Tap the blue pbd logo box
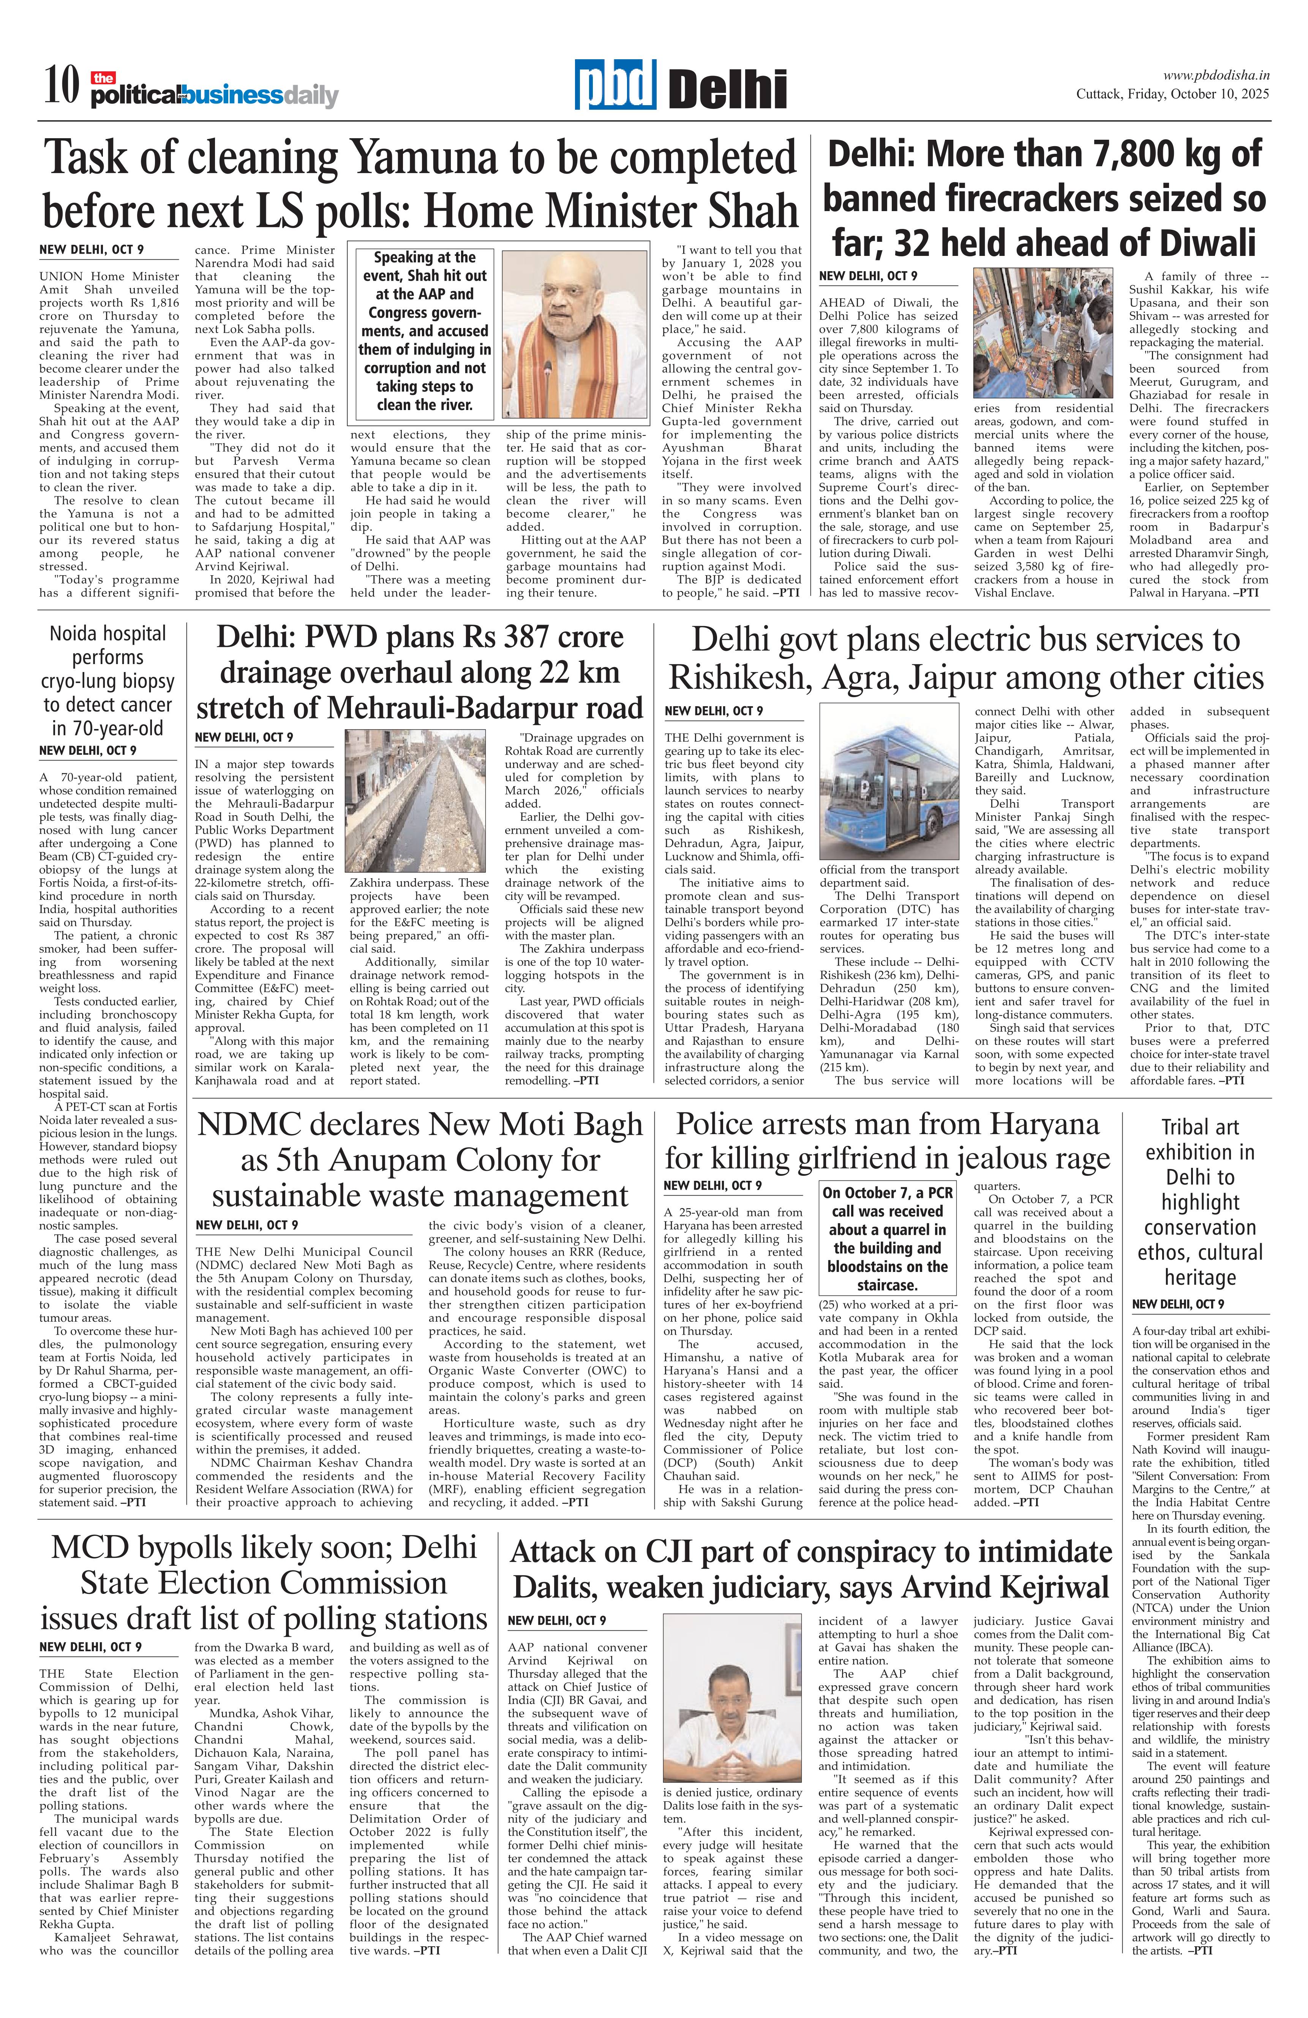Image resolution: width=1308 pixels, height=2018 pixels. point(615,85)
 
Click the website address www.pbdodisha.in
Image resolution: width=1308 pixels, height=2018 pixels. point(1216,75)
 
